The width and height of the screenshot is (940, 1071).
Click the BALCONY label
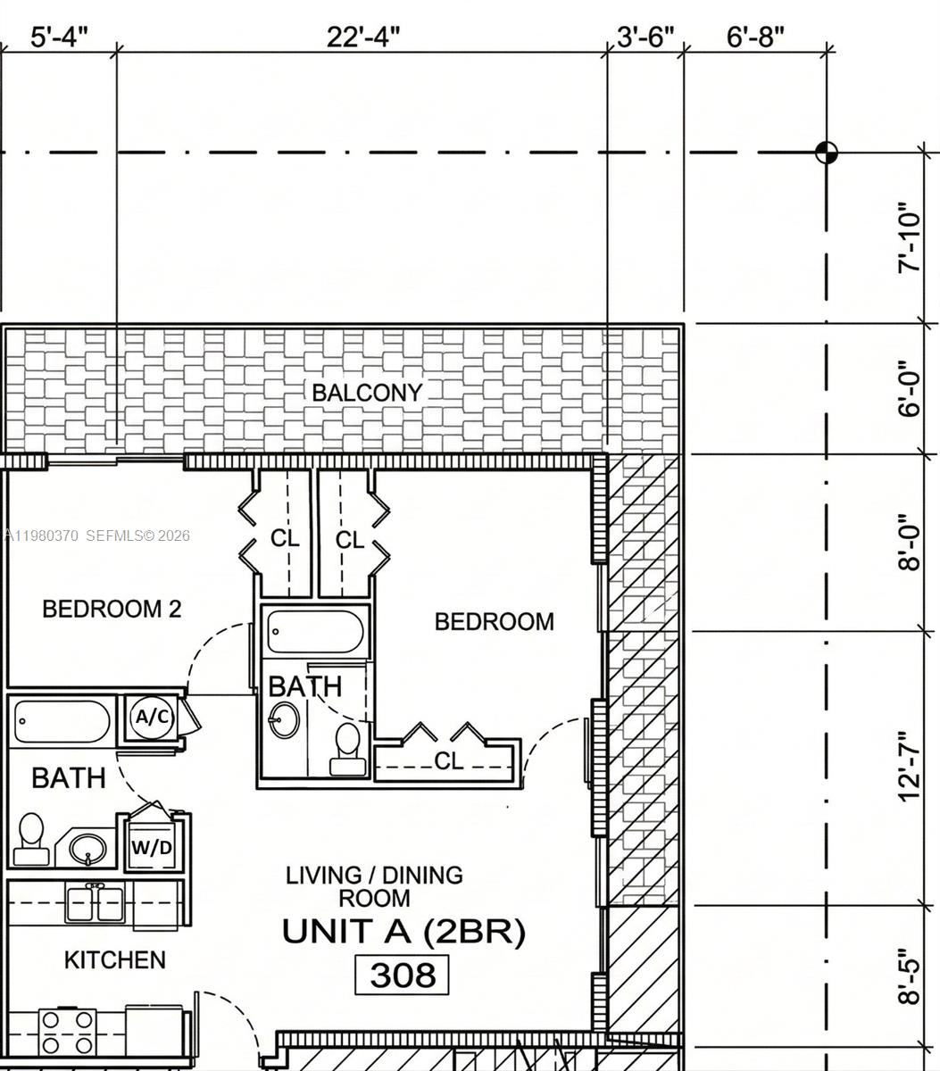pyautogui.click(x=366, y=393)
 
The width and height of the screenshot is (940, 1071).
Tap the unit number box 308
pyautogui.click(x=402, y=975)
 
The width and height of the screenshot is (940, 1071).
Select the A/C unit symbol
pyautogui.click(x=151, y=717)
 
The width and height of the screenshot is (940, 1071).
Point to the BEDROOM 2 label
pyautogui.click(x=112, y=609)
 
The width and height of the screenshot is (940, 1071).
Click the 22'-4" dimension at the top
pyautogui.click(x=362, y=37)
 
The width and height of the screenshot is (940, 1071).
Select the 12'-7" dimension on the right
pyautogui.click(x=909, y=765)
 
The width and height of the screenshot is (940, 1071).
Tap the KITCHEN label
pyautogui.click(x=114, y=960)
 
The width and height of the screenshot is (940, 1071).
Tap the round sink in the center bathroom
pyautogui.click(x=285, y=719)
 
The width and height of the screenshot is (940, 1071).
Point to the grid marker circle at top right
pyautogui.click(x=827, y=153)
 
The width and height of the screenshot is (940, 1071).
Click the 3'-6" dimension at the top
pyautogui.click(x=645, y=37)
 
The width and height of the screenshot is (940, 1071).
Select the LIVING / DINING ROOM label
pyautogui.click(x=374, y=886)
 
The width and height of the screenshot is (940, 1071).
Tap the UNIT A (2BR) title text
pyautogui.click(x=403, y=932)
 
